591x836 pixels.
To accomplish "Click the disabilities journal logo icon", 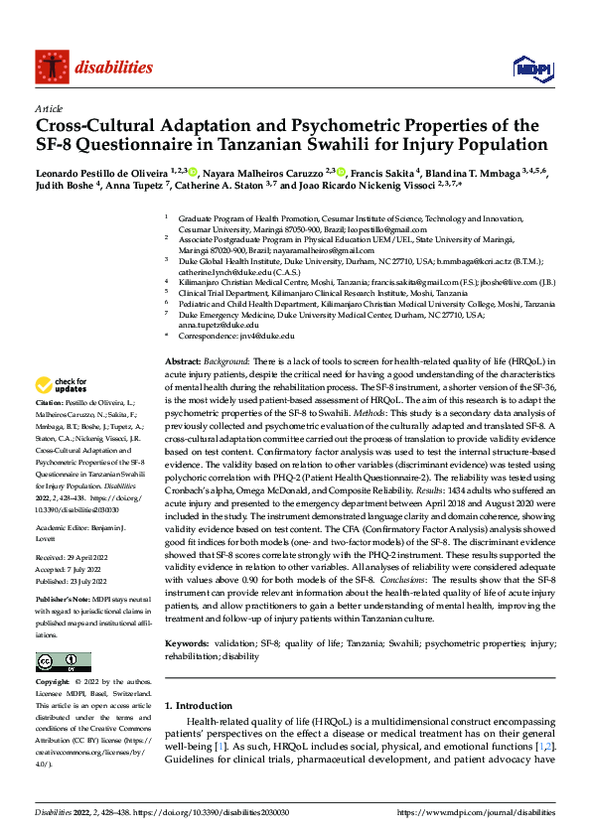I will (x=50, y=68).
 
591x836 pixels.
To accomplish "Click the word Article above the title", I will (x=49, y=108).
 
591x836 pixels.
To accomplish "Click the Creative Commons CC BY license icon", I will (x=64, y=662).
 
